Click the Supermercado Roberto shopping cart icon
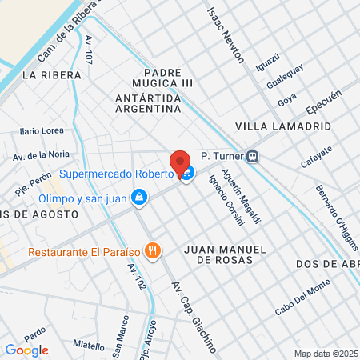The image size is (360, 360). pyautogui.click(x=187, y=174)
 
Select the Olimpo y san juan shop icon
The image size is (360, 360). pyautogui.click(x=140, y=197)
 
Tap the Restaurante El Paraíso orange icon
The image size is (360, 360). pyautogui.click(x=154, y=252)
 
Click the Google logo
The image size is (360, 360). pyautogui.click(x=26, y=350)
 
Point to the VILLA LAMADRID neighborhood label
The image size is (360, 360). pyautogui.click(x=273, y=126)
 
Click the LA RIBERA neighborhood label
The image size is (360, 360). pyautogui.click(x=53, y=75)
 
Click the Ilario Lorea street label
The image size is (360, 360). pyautogui.click(x=42, y=130)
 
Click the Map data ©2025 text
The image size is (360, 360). pyautogui.click(x=326, y=354)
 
